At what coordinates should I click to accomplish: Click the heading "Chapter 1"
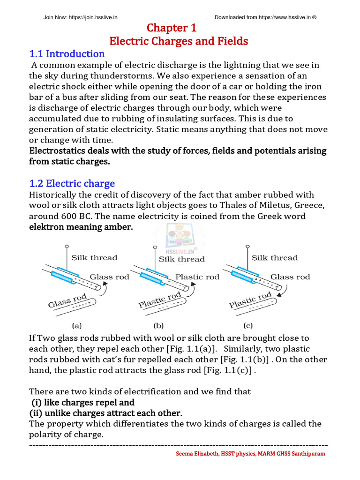[x=178, y=28]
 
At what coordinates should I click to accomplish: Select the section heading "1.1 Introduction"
[x=67, y=53]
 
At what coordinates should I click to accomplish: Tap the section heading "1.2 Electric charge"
[x=72, y=183]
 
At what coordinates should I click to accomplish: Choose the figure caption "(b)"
[x=158, y=324]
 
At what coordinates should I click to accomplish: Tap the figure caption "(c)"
[x=248, y=324]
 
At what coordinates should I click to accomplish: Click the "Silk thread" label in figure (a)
[x=94, y=257]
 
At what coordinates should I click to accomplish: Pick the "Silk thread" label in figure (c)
[x=274, y=257]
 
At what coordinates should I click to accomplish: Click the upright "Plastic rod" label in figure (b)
[x=197, y=277]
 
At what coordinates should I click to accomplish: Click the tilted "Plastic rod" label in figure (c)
[x=250, y=300]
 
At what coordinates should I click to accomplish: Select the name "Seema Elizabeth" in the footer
[x=195, y=454]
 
